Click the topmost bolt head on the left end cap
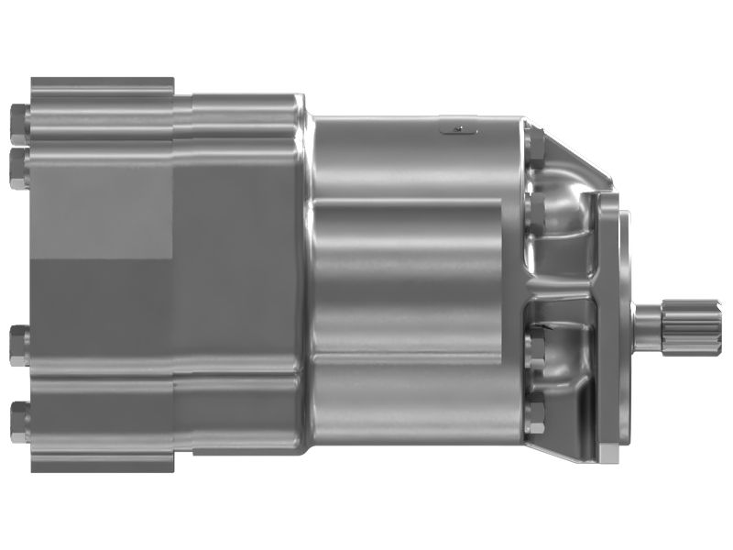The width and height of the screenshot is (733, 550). coord(18,119)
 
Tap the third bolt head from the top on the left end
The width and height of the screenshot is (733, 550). coord(18,346)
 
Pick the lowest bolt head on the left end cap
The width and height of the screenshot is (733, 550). coord(18,417)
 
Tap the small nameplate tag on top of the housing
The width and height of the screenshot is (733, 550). coord(459,128)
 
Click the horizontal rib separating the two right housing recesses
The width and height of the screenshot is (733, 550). coord(559,291)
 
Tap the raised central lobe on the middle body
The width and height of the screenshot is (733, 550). coord(408,275)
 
